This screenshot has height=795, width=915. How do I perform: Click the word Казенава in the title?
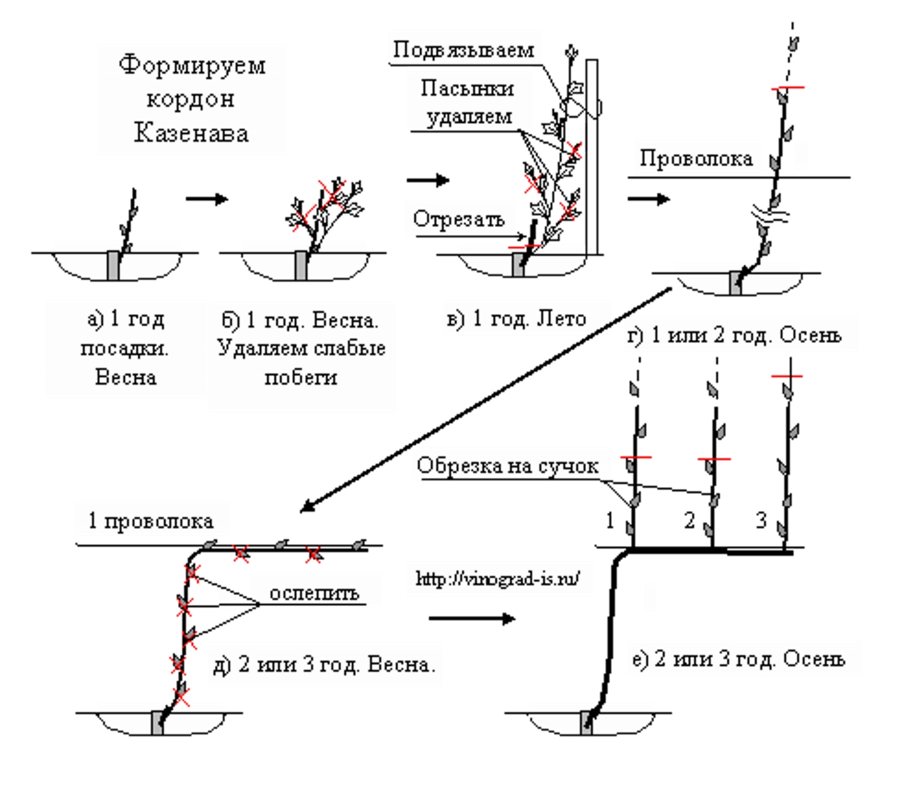coord(191,133)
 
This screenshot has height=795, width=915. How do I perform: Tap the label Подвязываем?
coord(463,50)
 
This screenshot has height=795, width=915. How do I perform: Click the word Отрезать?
coord(459,219)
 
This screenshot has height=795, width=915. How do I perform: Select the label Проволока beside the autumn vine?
coord(696,158)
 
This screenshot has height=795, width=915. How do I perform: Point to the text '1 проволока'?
coord(151,521)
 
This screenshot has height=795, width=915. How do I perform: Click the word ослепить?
coord(314,593)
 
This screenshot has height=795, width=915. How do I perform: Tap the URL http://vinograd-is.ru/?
coord(498,578)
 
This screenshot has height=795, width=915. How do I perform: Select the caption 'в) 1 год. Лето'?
coord(516,319)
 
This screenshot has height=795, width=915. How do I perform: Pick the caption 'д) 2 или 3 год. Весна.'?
coord(325,665)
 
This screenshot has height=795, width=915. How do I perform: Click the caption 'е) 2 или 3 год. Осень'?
coord(739,659)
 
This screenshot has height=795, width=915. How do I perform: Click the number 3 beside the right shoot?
coord(761,521)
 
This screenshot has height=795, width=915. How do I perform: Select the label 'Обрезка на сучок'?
coord(507,466)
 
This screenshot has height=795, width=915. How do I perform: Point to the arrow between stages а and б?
coord(207,199)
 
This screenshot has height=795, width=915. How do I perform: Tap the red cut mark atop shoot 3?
coord(787,377)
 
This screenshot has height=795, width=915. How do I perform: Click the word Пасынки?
coord(467,88)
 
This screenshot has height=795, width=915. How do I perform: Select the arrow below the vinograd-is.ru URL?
coord(471,618)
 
